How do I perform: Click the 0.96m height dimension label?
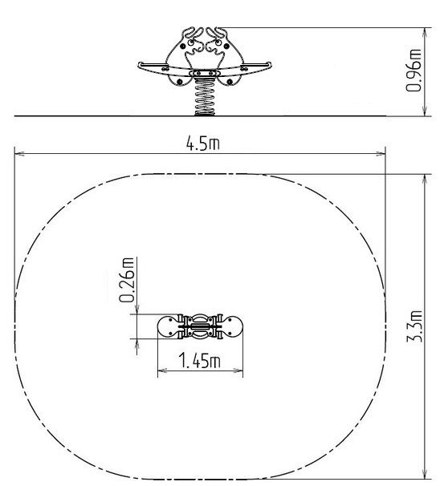tap(414, 71)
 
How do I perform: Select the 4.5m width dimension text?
tap(202, 144)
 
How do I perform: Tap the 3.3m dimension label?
tap(414, 326)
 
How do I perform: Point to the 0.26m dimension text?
tap(127, 280)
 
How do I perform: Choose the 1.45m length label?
tap(199, 360)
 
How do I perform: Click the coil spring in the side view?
tap(205, 96)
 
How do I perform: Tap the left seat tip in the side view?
tap(140, 65)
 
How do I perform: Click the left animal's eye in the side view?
tap(191, 42)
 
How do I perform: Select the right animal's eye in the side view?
tap(218, 42)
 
